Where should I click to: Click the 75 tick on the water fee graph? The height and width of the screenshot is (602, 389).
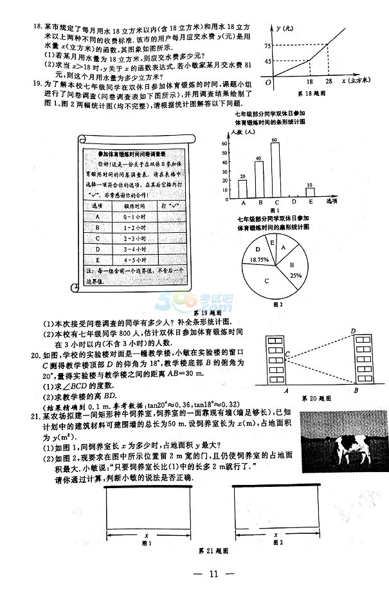(x=266, y=46)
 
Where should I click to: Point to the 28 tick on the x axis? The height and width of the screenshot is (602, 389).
(x=330, y=82)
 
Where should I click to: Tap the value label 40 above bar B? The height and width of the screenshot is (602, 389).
(x=258, y=158)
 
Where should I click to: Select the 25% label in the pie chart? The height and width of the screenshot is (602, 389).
(x=295, y=275)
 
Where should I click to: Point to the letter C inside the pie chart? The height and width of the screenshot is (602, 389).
(x=266, y=281)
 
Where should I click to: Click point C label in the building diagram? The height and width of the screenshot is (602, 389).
(x=287, y=353)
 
